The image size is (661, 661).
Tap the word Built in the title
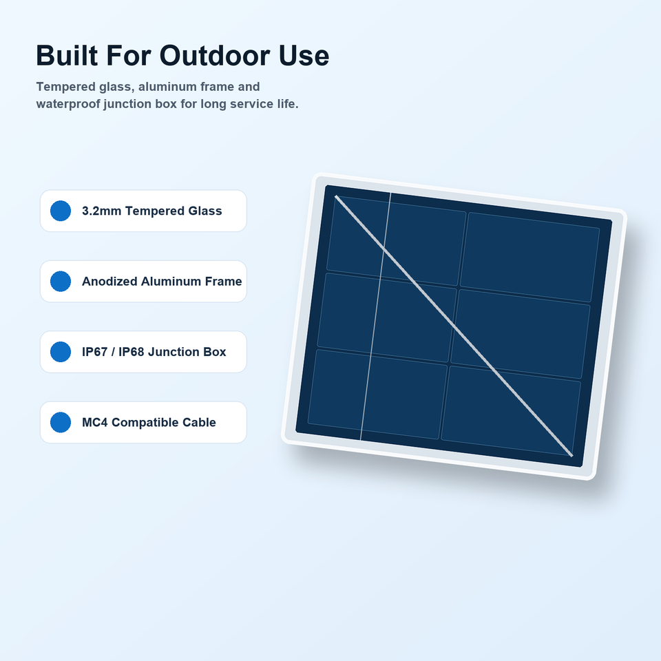67,55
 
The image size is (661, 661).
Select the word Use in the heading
304,55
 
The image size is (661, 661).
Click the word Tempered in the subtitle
66,87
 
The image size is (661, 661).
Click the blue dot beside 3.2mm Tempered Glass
61,211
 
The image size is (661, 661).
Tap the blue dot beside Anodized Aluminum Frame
61,281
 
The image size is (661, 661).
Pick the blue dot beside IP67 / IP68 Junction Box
61,352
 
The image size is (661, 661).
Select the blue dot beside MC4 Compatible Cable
61,422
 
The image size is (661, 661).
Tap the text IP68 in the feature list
132,352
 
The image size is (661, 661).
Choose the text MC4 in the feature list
95,422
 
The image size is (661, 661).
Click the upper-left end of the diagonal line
336,196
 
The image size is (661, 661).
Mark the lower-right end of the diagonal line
571,456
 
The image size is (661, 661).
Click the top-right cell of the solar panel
530,257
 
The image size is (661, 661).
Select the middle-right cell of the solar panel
521,334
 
